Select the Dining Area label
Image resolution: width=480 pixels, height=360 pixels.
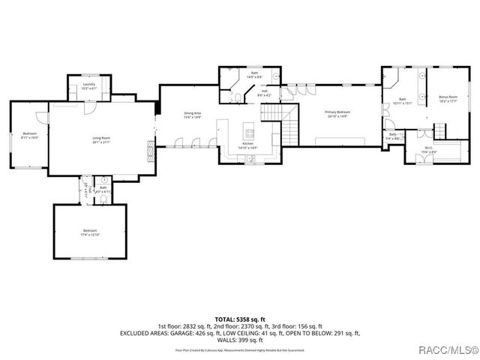point(192,115)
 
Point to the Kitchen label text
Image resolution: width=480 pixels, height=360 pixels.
point(248,146)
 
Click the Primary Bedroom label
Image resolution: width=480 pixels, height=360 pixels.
point(337,115)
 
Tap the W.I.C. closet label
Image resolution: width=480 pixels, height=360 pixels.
point(429,151)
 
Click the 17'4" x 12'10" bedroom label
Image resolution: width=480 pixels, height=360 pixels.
point(91,232)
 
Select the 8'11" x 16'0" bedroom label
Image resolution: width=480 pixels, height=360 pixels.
point(29,136)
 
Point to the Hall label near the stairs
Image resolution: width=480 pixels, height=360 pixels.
point(265,94)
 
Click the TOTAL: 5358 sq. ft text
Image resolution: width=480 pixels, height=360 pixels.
point(240,319)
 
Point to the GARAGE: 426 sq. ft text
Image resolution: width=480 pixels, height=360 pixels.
point(205,333)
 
